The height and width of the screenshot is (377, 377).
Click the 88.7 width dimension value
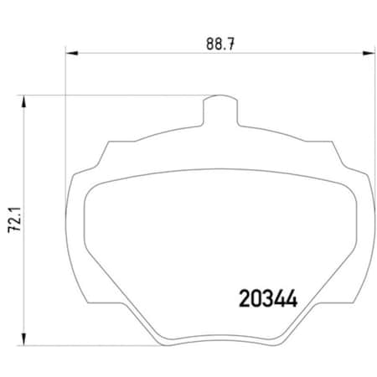pyautogui.click(x=218, y=43)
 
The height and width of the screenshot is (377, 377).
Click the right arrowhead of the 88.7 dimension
pyautogui.click(x=369, y=55)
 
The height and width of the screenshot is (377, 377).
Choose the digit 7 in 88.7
pyautogui.click(x=228, y=43)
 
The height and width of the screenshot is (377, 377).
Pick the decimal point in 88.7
pyautogui.click(x=222, y=47)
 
